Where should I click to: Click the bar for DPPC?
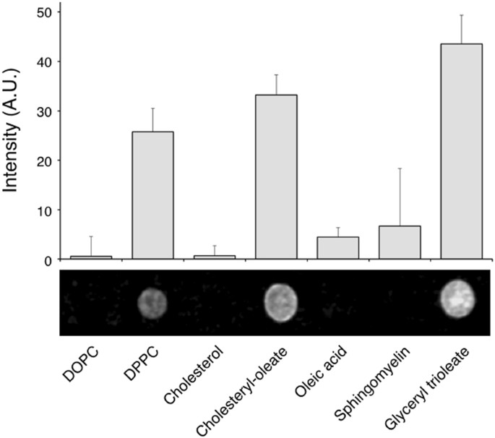point(152,195)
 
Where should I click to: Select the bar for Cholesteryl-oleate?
point(276,176)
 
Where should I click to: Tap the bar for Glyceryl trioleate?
point(462,151)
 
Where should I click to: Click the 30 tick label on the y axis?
point(45,111)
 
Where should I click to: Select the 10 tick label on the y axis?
point(45,210)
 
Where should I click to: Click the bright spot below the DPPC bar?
point(152,302)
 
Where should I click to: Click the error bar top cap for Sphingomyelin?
point(400,168)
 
